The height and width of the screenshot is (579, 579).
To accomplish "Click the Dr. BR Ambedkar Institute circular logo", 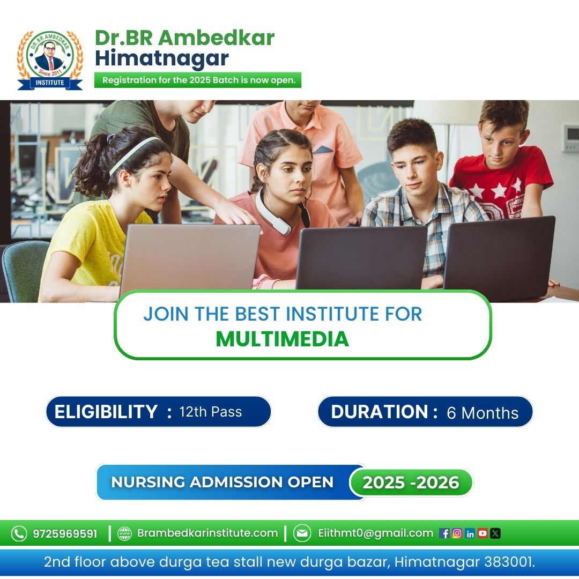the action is coord(50,60).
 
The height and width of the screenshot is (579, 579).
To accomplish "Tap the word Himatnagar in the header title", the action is coord(162,58).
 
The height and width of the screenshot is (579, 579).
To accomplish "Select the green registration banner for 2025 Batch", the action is coord(198,80).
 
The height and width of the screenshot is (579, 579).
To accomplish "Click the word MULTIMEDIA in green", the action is coord(282,339).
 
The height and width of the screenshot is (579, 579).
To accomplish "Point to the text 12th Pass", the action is coord(211,412).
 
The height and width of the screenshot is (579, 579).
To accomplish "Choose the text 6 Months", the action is coord(482,413).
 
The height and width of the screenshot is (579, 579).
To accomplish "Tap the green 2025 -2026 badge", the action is coord(411,482).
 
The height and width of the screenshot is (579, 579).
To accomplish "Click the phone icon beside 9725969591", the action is coord(19,533).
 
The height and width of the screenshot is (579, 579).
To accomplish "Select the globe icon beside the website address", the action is coord(124,533).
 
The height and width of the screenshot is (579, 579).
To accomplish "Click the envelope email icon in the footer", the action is coord(302,533).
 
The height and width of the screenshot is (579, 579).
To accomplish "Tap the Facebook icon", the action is coord(444,533).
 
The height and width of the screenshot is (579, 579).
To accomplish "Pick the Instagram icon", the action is coord(457,533).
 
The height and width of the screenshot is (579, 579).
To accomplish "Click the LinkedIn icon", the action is coord(470,533).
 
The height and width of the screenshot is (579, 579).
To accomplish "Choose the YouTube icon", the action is coord(482,533).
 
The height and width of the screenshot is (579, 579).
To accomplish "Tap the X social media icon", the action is coord(495,533).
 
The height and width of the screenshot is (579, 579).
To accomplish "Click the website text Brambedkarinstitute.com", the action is coord(207,533).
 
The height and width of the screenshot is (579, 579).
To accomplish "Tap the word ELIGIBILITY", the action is coord(106,412).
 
